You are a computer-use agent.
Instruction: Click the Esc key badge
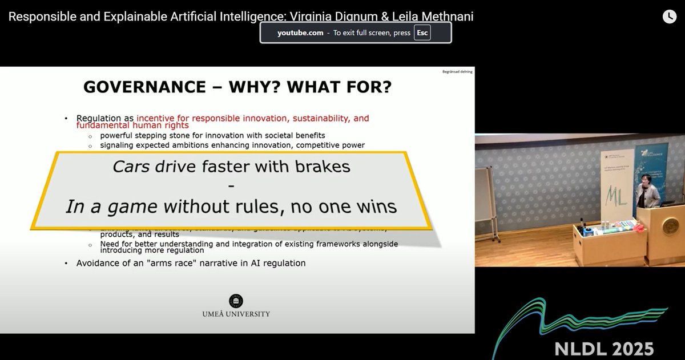422,33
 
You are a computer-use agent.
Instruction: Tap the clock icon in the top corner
669,17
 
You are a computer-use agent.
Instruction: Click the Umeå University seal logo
235,301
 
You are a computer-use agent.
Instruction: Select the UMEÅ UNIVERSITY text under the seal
235,314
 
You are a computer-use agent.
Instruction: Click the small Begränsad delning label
457,71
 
